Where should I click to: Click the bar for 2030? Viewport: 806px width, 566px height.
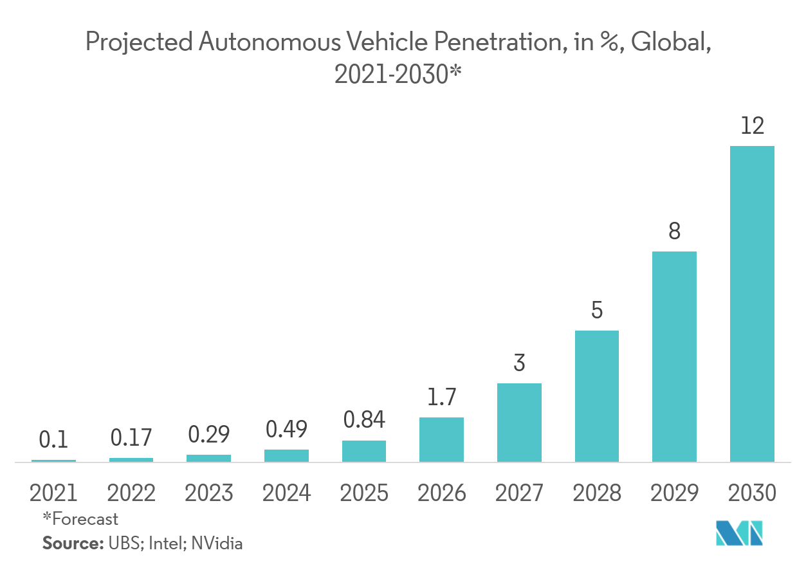pos(752,304)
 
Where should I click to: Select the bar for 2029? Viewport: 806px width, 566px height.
pos(674,356)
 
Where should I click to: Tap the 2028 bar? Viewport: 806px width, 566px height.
pos(596,396)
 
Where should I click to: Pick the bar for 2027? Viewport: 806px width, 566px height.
pos(519,423)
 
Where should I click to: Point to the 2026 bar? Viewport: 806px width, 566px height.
pos(441,439)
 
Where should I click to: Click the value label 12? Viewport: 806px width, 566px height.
pos(752,125)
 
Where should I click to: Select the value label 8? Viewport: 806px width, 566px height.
pos(674,231)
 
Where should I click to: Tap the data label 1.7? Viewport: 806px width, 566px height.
pos(441,397)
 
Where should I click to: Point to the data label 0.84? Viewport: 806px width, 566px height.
pos(363,420)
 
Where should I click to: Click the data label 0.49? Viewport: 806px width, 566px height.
pos(286,429)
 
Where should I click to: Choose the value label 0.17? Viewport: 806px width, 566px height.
pos(131,438)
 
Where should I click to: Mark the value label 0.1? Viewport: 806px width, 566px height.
pos(53,440)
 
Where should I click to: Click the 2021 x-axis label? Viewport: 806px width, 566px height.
pos(53,493)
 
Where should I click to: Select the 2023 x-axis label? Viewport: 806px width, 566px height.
pos(208,493)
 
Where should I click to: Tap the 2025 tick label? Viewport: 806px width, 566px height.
pos(363,493)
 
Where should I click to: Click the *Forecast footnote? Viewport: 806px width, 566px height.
pos(80,518)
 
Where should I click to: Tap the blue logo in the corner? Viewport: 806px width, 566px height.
pos(740,533)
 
